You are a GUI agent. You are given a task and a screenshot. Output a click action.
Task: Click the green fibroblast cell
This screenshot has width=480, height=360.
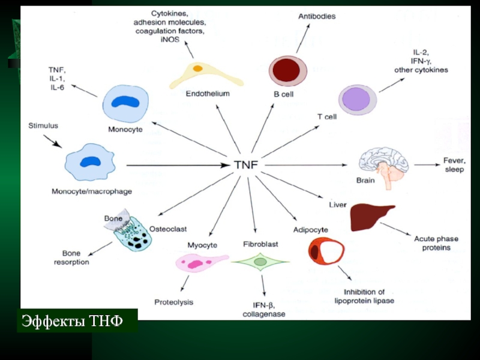click(260, 262)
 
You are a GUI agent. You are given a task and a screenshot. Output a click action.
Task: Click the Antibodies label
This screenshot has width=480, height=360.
click(317, 16)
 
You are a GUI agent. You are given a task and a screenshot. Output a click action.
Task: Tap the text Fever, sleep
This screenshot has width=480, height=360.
click(454, 164)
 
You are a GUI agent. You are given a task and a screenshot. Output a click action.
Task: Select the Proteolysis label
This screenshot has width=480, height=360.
click(174, 302)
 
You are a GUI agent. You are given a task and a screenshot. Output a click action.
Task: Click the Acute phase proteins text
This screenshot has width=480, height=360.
click(432, 243)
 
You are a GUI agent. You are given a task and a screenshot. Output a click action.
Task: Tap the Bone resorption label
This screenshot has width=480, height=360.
click(72, 258)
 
